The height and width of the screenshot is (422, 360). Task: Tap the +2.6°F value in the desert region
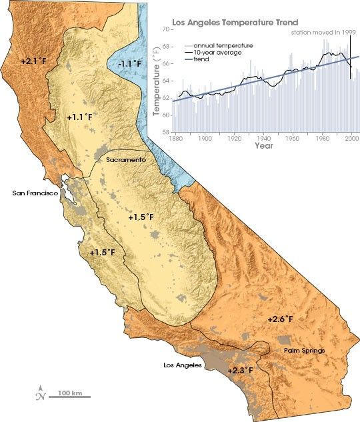pyautogui.click(x=280, y=319)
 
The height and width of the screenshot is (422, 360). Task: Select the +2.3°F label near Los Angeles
pyautogui.click(x=240, y=369)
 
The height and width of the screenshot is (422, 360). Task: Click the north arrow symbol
pyautogui.click(x=41, y=393)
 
